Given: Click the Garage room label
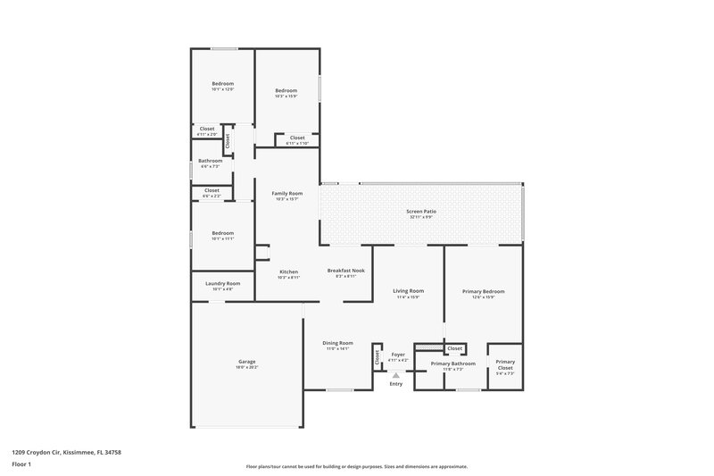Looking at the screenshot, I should [x=246, y=361].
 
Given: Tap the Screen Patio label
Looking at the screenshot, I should [x=422, y=212].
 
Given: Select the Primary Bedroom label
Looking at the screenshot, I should [x=483, y=291].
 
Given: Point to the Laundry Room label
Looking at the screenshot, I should [x=222, y=283].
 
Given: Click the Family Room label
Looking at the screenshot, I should [x=286, y=193].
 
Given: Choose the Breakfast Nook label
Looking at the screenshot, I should [x=345, y=271].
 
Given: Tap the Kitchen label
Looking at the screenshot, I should [x=288, y=271].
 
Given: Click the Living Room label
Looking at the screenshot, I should [x=409, y=291].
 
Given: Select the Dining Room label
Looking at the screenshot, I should [x=337, y=343].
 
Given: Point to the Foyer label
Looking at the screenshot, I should [x=398, y=355].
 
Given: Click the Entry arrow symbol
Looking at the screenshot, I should [x=396, y=376].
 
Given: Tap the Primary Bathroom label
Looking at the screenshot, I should [x=452, y=363].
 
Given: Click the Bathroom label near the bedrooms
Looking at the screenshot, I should [x=210, y=161].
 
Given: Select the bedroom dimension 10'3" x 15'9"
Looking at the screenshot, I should [x=286, y=96].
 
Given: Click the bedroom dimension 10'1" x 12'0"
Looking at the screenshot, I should [x=222, y=89].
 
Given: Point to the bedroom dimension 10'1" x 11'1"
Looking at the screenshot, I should [x=222, y=238].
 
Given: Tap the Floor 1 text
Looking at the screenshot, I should [x=21, y=464].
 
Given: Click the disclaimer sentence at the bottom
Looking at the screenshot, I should [x=357, y=466].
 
